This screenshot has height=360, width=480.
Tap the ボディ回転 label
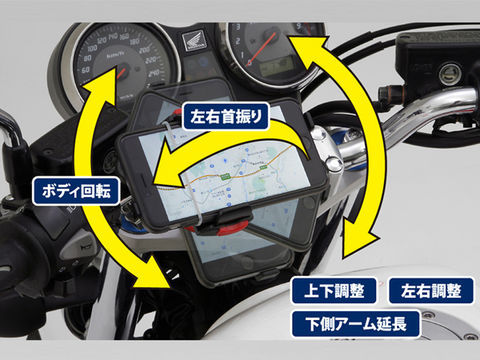point(76,187)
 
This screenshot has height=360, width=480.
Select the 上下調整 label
point(331,291)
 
